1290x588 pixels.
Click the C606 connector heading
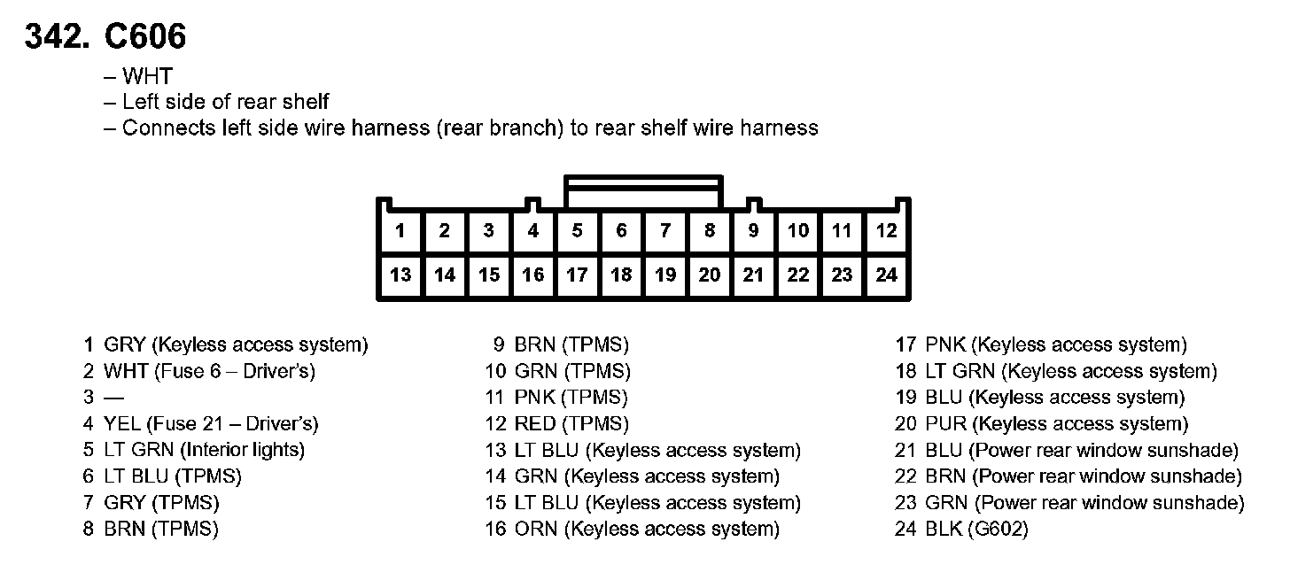(145, 36)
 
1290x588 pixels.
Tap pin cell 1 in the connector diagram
(400, 231)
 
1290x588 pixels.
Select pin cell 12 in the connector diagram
(886, 231)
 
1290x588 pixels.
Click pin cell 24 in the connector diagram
(886, 275)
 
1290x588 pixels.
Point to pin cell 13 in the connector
(400, 275)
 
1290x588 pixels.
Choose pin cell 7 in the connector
(665, 231)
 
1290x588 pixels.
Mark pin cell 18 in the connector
(621, 275)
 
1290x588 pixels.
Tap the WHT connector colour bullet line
(147, 77)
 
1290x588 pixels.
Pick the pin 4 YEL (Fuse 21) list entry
(201, 424)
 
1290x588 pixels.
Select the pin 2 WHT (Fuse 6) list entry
(199, 371)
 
